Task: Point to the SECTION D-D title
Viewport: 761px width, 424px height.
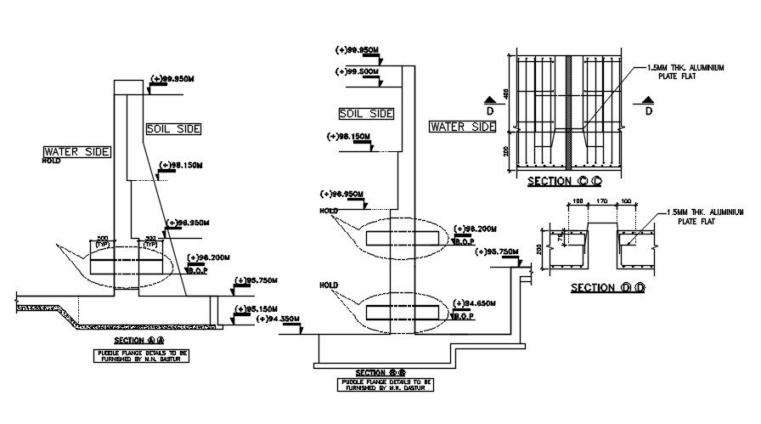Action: (608, 287)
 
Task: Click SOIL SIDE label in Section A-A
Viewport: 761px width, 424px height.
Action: (173, 129)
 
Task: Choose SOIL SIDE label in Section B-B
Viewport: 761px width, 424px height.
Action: (366, 113)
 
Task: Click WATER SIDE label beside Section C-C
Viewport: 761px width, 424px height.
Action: (462, 127)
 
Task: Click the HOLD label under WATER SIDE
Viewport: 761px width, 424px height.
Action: (53, 160)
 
